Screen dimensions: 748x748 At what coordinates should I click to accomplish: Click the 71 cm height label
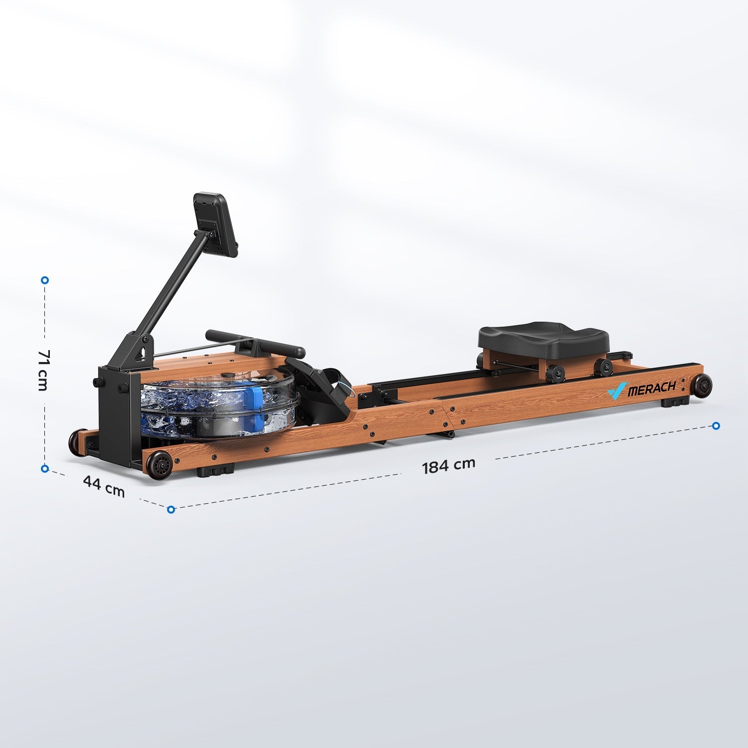(43, 370)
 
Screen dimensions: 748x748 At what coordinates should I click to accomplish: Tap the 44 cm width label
(104, 486)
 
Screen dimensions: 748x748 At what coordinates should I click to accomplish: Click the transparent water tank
(219, 404)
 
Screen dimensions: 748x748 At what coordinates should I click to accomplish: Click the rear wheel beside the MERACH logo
(702, 386)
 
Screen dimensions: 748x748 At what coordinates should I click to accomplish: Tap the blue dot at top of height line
(45, 280)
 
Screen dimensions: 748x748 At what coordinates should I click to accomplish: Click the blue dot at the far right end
(716, 425)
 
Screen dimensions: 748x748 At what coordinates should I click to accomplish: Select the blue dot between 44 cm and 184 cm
(171, 509)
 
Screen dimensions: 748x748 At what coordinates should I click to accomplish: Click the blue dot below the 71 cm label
(45, 468)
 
